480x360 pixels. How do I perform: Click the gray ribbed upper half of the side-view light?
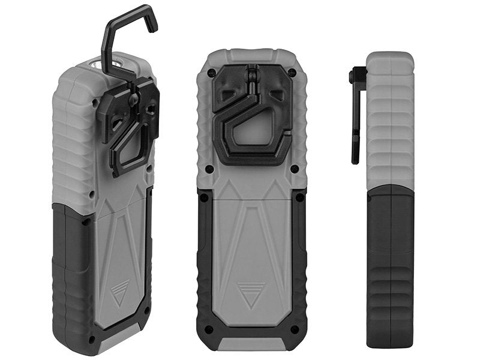(390, 120)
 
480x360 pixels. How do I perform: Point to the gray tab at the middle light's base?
(251, 344)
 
